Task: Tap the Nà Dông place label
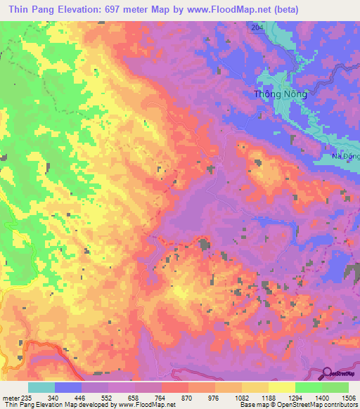point(345,157)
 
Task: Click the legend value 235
point(27,398)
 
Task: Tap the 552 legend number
point(108,398)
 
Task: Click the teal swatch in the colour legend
point(41,388)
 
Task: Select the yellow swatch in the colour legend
point(281,388)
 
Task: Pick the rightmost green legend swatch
point(335,388)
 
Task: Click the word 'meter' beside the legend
point(10,398)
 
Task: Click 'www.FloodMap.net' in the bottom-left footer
point(147,405)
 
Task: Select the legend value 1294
point(295,398)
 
